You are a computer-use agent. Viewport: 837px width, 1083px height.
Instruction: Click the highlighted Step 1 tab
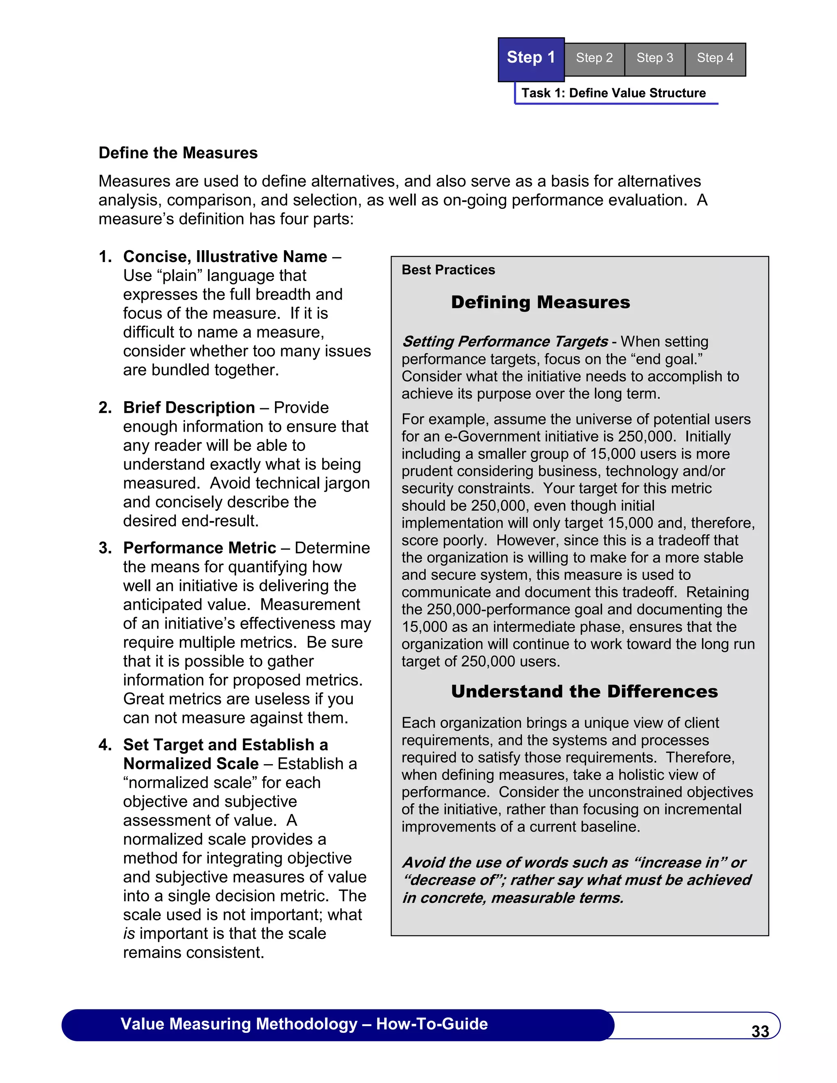530,58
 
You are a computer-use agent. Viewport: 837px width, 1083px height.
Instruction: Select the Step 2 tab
594,58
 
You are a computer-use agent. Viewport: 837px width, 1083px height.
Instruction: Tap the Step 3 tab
655,58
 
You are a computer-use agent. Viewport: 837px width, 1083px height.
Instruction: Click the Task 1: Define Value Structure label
613,93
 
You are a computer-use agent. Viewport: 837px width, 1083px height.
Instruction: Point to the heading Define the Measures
178,153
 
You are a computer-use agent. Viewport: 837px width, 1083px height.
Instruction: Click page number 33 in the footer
760,1032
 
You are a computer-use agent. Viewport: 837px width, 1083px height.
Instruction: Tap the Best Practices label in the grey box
448,270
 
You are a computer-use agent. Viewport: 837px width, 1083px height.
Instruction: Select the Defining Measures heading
540,302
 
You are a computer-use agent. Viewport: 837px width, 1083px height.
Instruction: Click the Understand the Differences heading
584,691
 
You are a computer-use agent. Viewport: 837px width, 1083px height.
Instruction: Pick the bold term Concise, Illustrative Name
225,256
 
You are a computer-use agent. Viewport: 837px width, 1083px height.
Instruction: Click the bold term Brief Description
189,407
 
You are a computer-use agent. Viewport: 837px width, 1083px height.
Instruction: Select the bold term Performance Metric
199,548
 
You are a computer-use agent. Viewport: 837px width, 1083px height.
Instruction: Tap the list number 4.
105,745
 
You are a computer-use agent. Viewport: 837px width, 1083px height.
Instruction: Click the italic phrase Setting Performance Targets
505,342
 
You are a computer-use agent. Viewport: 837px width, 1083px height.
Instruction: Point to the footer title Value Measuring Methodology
239,1024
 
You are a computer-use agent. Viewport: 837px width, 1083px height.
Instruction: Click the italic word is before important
129,934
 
